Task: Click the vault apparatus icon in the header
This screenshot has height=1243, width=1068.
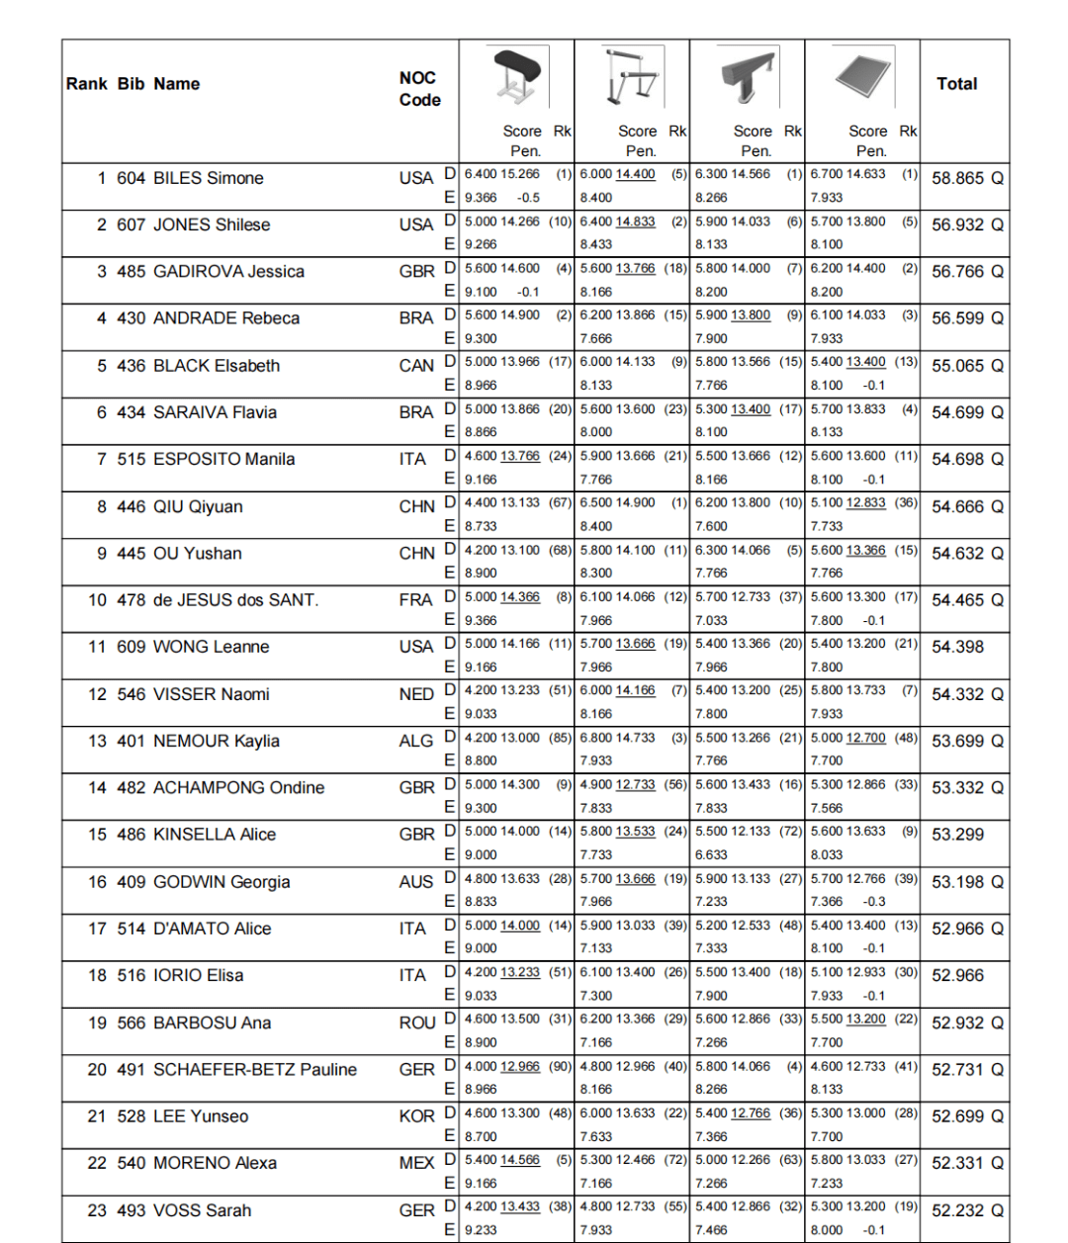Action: tap(516, 77)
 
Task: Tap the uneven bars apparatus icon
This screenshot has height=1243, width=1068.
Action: tap(632, 77)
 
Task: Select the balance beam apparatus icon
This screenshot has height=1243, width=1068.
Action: tap(748, 77)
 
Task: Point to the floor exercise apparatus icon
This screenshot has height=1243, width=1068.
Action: tap(862, 77)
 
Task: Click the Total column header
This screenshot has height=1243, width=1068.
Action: tap(956, 84)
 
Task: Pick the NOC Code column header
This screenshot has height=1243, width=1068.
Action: tap(419, 89)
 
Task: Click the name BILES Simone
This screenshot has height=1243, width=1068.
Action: tap(209, 178)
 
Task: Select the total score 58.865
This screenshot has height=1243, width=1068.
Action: tap(957, 178)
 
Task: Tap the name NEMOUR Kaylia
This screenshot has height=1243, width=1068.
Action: tap(217, 741)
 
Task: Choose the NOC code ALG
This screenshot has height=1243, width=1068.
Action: tap(416, 741)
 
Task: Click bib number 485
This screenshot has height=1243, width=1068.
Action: tap(131, 272)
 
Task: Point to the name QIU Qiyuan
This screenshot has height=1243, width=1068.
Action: tap(198, 506)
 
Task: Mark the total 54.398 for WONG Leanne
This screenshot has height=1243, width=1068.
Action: tap(957, 647)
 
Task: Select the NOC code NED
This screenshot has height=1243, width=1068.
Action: tap(416, 694)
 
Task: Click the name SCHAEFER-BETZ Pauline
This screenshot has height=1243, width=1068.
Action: tap(255, 1070)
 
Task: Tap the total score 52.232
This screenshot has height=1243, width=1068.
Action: tap(957, 1210)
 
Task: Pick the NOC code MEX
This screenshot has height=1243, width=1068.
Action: tap(416, 1163)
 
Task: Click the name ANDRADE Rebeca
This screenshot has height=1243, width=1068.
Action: tap(226, 318)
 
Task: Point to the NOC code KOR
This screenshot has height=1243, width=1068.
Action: tap(416, 1116)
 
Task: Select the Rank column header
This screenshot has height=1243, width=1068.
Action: tap(86, 84)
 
